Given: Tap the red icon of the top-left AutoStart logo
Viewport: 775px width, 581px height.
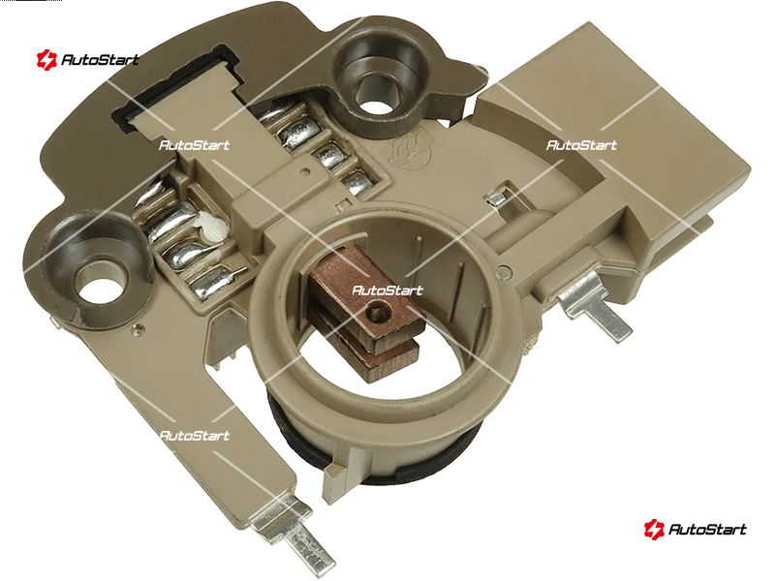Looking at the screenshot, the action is tap(46, 60).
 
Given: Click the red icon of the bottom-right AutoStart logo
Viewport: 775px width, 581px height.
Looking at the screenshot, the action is tap(654, 529).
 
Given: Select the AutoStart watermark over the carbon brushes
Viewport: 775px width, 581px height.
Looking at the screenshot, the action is tap(387, 290).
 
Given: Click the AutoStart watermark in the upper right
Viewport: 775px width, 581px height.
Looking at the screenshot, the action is tap(582, 145).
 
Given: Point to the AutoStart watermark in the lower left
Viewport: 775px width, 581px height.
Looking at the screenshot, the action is tap(195, 436).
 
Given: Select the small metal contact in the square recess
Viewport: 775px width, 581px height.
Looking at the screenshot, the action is tap(496, 199).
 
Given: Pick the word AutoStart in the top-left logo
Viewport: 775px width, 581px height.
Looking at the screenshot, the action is tap(100, 60).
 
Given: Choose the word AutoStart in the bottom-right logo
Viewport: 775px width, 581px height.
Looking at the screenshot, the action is tap(707, 530).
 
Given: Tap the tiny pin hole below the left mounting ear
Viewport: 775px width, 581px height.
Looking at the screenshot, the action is tap(139, 327).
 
